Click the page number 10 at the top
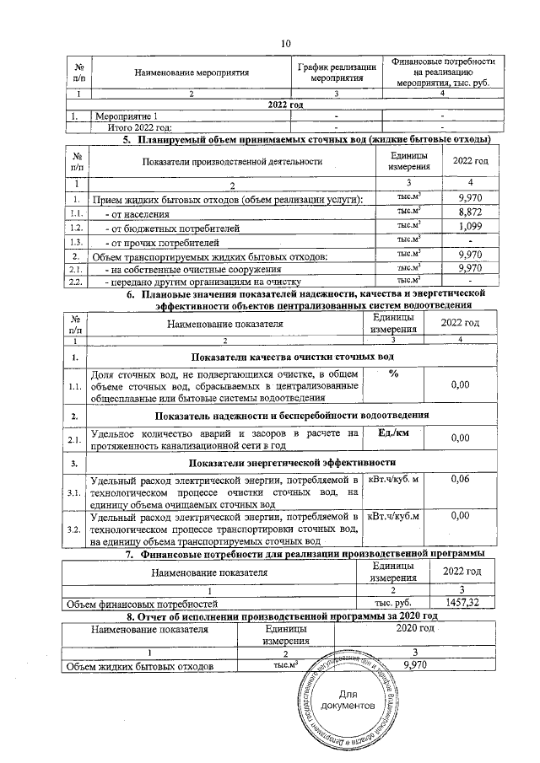pyautogui.click(x=285, y=43)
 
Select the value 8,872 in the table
pyautogui.click(x=468, y=212)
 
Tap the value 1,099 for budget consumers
pyautogui.click(x=468, y=227)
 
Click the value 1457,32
pyautogui.click(x=467, y=603)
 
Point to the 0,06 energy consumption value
pyautogui.click(x=460, y=479)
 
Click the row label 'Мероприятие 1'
pyautogui.click(x=127, y=116)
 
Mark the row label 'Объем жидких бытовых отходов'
pyautogui.click(x=139, y=666)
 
